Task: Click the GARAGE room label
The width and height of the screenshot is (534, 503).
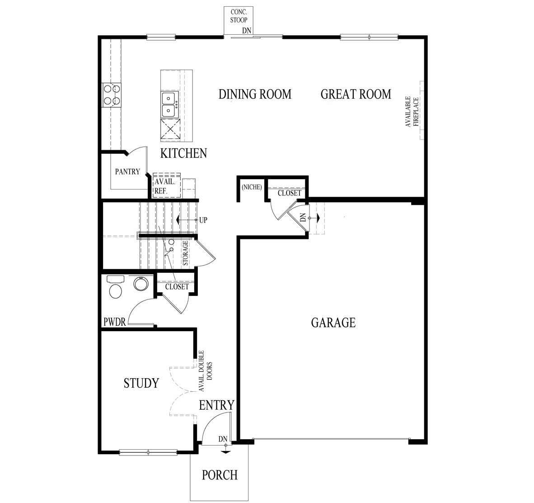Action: point(333,323)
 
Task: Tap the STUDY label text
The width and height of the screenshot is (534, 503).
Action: point(141,383)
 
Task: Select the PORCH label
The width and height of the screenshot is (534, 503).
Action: point(219,475)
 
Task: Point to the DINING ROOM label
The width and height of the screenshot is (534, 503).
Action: point(255,94)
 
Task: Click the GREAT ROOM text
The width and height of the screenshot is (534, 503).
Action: point(356,94)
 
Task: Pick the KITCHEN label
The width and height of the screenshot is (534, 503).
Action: point(183,153)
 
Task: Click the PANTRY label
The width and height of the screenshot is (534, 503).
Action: point(127,172)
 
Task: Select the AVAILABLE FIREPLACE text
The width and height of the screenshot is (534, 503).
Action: point(412,111)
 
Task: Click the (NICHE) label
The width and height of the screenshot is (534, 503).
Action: point(251,187)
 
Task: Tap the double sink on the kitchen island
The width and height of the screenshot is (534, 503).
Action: point(170,104)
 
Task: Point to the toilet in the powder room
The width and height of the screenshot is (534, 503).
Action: point(116,288)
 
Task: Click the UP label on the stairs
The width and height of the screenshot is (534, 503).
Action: point(203,220)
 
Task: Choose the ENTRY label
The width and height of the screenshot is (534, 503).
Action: point(216,405)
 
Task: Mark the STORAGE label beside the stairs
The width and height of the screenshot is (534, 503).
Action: point(185,253)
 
